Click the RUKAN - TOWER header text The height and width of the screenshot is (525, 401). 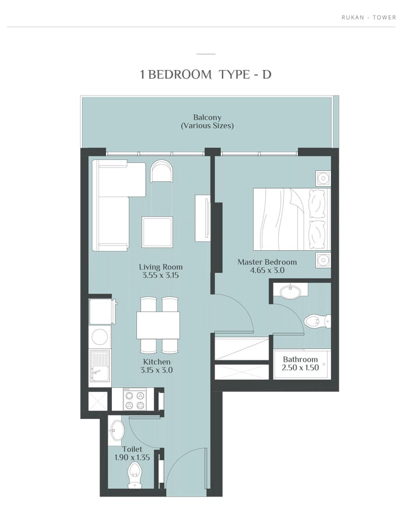point(368,17)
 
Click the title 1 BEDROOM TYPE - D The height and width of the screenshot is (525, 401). point(206,74)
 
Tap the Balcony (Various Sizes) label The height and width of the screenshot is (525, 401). point(207,121)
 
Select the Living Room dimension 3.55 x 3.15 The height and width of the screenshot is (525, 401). point(160,275)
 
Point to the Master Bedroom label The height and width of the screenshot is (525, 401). point(267,262)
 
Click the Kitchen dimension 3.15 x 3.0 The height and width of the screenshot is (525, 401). point(157,370)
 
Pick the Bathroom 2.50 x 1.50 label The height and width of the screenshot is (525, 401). point(300,363)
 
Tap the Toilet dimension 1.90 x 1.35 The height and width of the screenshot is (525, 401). point(132,457)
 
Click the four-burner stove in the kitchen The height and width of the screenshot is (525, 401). point(135,399)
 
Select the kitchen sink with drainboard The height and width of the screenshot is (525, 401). point(100,366)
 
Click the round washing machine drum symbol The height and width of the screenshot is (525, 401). point(99,336)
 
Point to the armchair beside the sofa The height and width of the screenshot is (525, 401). point(162,171)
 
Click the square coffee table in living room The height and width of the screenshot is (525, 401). point(157,232)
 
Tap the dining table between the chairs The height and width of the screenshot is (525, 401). point(158,325)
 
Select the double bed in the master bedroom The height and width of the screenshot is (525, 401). point(291,219)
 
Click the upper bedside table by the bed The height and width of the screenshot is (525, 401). point(323,178)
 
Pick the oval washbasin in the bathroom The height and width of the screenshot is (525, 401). point(290,292)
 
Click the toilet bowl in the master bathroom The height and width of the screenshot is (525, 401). point(317,321)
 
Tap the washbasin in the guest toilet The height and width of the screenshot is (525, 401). point(117,430)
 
